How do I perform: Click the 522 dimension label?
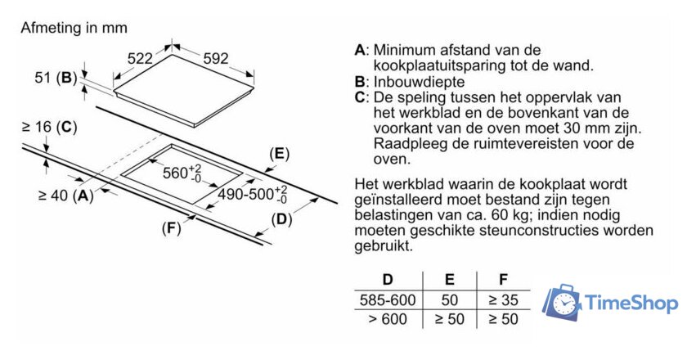(x=140, y=58)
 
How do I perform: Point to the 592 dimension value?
(x=216, y=58)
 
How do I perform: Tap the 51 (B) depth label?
(x=56, y=78)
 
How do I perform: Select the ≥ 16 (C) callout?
(x=50, y=127)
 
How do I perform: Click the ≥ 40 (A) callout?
(x=66, y=195)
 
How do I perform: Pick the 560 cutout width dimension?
(x=182, y=173)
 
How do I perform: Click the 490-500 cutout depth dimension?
(x=253, y=194)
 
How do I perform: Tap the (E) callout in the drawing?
(x=280, y=154)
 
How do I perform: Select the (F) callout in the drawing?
(x=171, y=228)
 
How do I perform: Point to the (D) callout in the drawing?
(x=281, y=219)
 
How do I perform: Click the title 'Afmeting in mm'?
(x=74, y=28)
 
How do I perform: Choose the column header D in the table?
(x=388, y=279)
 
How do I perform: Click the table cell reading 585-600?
(x=388, y=300)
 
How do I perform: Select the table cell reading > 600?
(x=388, y=319)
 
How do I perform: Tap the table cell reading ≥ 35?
(x=504, y=300)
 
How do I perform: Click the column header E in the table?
(x=450, y=279)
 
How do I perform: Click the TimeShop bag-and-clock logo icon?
(x=562, y=303)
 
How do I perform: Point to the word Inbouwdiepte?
(x=419, y=82)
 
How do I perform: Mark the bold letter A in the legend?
(x=359, y=50)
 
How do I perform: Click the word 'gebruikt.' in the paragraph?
(x=384, y=245)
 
